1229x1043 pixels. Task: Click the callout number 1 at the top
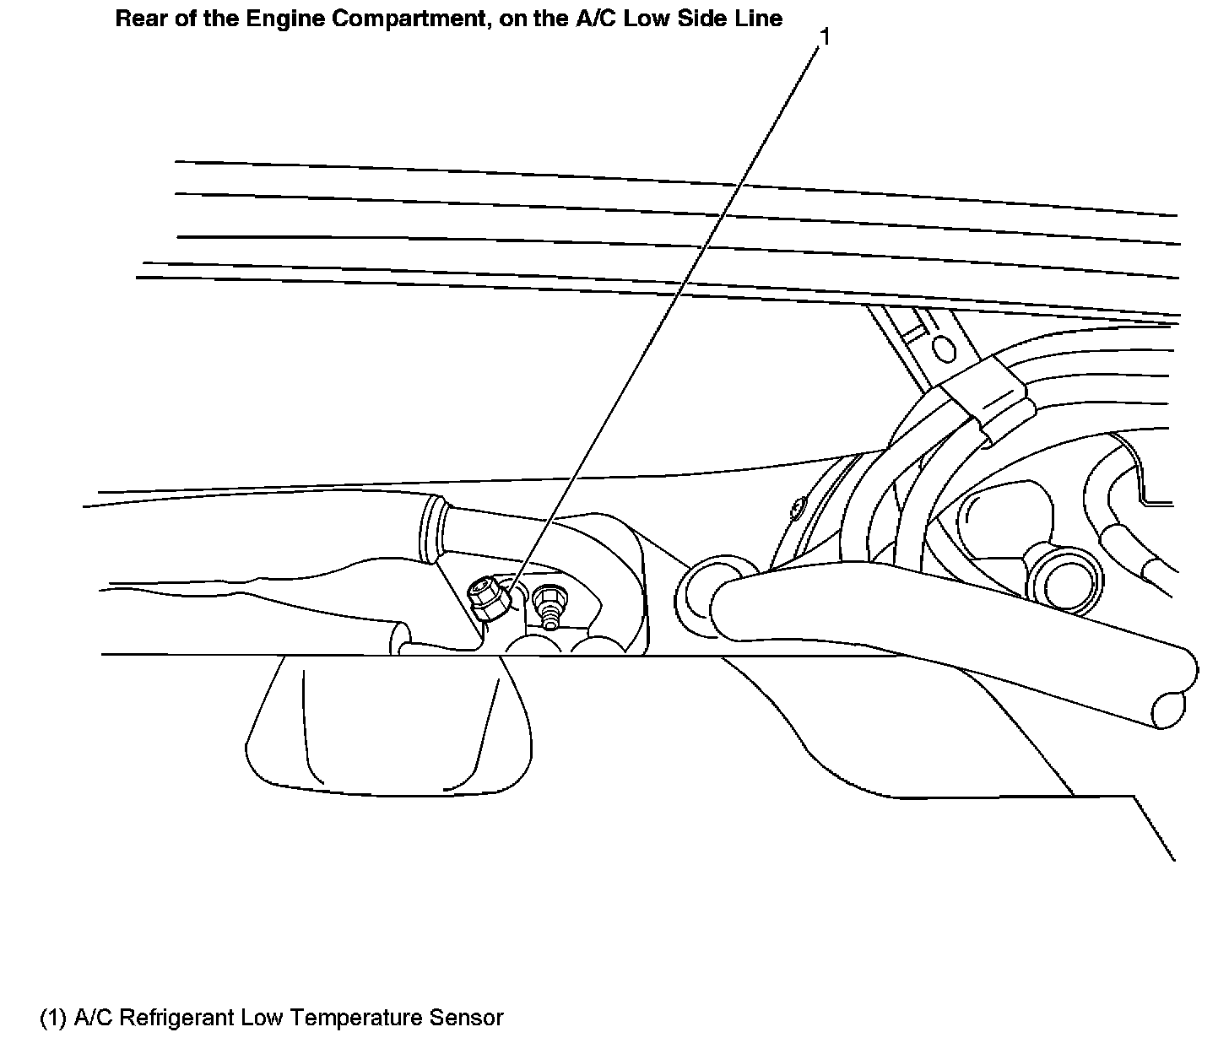[826, 37]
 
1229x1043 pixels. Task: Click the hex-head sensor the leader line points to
[486, 601]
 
